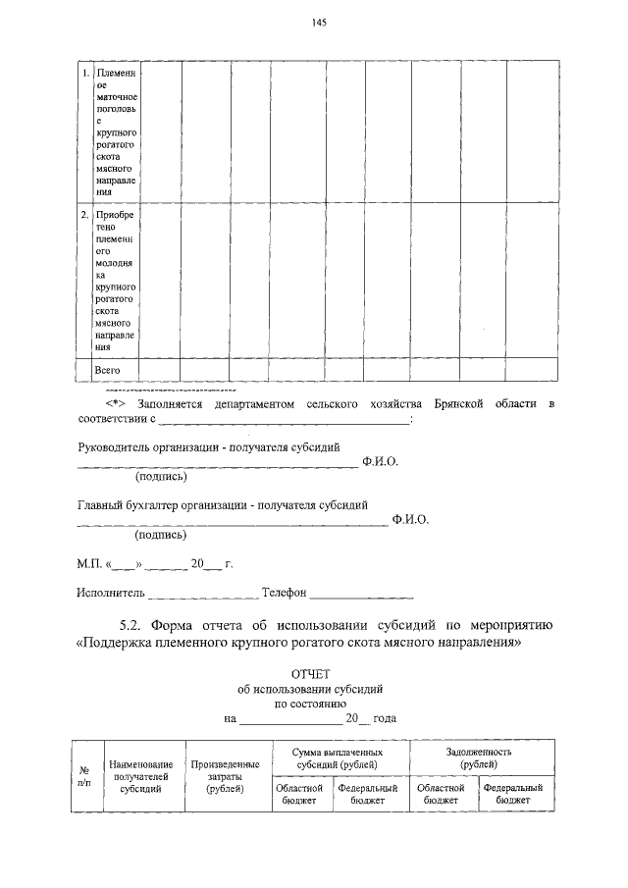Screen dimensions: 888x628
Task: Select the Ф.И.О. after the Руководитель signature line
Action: pos(380,460)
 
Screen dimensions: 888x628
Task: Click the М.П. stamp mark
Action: pos(90,565)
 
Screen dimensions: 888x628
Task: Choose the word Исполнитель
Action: pos(111,594)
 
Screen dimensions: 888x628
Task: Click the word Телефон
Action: pos(285,594)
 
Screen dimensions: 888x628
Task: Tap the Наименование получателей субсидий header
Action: pos(143,776)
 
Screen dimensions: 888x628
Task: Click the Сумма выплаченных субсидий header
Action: pos(336,757)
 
